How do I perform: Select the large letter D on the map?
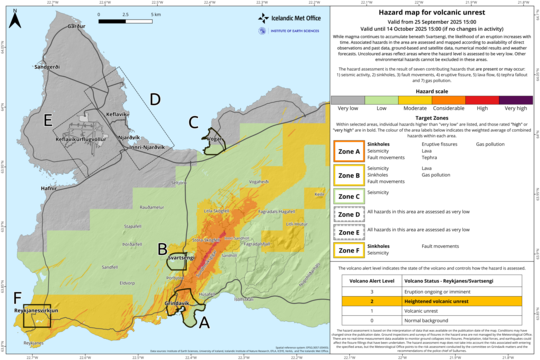(154, 99)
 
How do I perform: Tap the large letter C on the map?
(194, 122)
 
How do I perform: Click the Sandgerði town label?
(47, 68)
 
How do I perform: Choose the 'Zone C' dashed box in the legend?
(349, 194)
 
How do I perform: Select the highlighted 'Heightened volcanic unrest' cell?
(456, 299)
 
